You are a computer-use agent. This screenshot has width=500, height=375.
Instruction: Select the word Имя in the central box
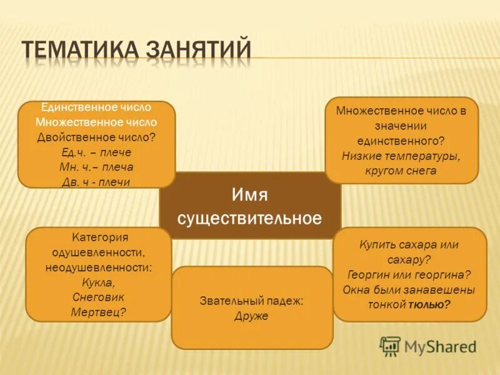click(249, 196)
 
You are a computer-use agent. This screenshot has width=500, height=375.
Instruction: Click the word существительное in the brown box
click(249, 219)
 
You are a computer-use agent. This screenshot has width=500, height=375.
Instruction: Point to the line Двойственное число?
click(96, 137)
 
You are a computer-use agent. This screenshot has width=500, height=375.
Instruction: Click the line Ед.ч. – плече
click(96, 152)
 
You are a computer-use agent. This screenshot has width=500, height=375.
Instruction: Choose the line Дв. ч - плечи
click(96, 182)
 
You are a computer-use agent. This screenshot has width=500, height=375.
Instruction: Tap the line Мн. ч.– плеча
click(96, 167)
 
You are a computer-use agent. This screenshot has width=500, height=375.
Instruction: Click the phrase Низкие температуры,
click(401, 156)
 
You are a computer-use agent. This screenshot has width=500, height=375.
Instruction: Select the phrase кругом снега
click(401, 171)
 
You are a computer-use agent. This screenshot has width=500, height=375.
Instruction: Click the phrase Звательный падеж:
click(251, 301)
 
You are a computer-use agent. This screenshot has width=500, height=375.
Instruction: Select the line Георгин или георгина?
click(409, 274)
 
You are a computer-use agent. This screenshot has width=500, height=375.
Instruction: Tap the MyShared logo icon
click(391, 346)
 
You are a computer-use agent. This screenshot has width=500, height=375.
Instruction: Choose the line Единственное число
click(96, 107)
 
